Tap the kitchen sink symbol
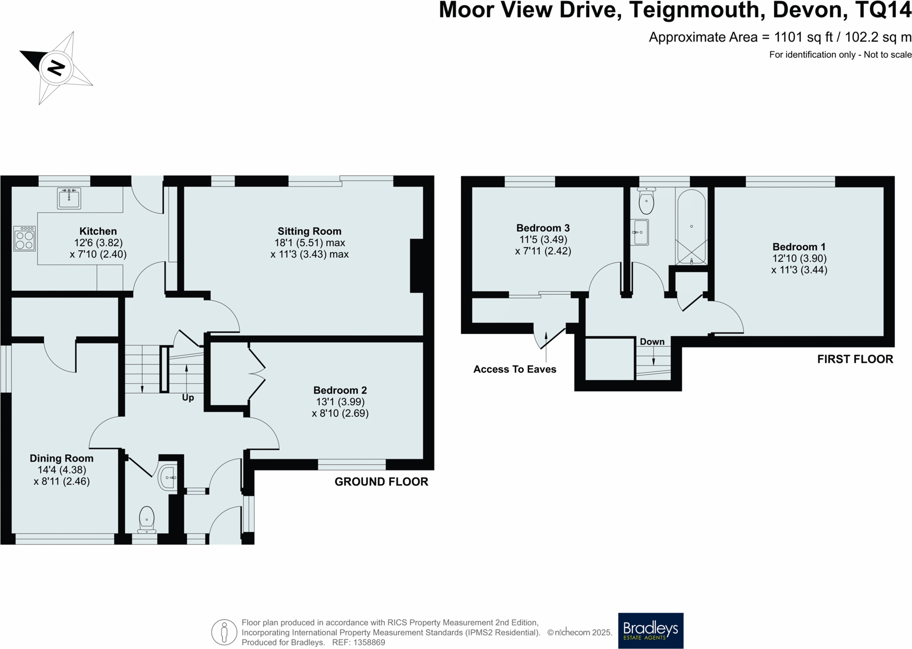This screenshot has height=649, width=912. [x=69, y=198]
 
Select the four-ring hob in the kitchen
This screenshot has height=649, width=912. [x=25, y=239]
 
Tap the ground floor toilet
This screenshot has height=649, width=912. [x=146, y=520]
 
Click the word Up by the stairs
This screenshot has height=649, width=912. [x=188, y=398]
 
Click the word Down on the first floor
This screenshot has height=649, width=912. [x=652, y=342]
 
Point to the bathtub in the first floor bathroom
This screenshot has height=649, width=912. [x=692, y=226]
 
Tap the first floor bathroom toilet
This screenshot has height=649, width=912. [x=646, y=201]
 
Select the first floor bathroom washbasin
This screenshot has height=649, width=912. [x=640, y=232]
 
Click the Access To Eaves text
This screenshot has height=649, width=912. [x=515, y=369]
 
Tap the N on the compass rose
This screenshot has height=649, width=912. [x=56, y=67]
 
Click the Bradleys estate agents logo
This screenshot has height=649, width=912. [x=650, y=630]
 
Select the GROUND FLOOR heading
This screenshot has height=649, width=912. [x=381, y=482]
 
